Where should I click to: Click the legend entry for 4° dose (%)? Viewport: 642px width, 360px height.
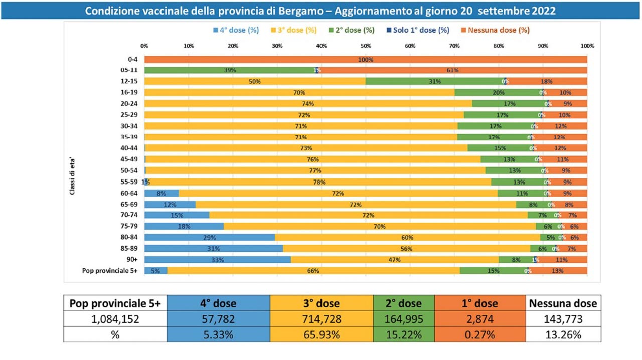[x=236, y=30]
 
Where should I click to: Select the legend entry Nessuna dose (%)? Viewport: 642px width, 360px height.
[x=499, y=30]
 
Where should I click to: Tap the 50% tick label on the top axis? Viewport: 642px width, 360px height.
[x=366, y=46]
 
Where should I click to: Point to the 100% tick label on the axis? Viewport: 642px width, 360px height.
[x=587, y=46]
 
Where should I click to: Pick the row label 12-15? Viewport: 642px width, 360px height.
[x=130, y=81]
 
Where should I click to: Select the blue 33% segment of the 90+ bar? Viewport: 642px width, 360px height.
[x=218, y=260]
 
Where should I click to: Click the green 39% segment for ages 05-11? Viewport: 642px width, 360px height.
[x=230, y=70]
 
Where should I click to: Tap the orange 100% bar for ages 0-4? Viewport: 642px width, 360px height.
[x=366, y=59]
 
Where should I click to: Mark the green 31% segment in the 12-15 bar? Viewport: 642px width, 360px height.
[x=434, y=81]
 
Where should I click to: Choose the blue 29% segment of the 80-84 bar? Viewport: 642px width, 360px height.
[x=210, y=237]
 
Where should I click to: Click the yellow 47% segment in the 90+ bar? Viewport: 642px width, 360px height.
[x=395, y=260]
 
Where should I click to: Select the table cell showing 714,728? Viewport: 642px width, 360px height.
[x=321, y=319]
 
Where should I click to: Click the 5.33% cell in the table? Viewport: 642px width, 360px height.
[x=218, y=334]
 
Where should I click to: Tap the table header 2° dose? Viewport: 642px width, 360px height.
[x=404, y=303]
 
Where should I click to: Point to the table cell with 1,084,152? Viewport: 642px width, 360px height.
[x=115, y=319]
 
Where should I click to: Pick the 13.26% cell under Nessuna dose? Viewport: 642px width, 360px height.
[x=563, y=334]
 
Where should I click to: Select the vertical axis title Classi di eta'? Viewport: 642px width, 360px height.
[x=72, y=175]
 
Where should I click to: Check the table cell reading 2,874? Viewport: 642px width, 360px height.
[x=480, y=319]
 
